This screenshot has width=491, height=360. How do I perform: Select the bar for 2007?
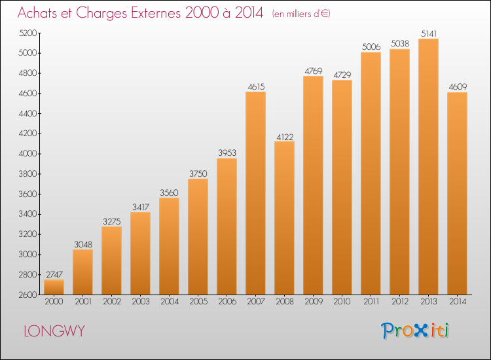coord(255,193)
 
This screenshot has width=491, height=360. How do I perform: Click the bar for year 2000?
coord(54,287)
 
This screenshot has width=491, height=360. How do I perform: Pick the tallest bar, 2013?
coord(428,166)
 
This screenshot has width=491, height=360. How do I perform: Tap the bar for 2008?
coord(284,218)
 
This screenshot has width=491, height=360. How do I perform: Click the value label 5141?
coord(429,33)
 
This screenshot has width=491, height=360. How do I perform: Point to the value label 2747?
coord(54,274)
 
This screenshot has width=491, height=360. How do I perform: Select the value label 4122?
coord(285,137)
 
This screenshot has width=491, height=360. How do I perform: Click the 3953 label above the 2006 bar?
coord(227,153)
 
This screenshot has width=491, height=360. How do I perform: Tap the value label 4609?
coord(458,86)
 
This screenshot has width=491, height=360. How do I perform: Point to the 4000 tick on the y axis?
coord(28,154)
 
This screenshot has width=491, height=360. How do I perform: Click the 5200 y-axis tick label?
coord(28,33)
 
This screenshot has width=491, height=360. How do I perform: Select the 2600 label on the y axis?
coord(28,295)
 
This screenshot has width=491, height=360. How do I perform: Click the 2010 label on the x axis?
coord(342,302)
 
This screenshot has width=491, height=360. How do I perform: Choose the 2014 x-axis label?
coord(458,302)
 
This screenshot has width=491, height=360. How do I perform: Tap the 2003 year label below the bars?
coord(141,302)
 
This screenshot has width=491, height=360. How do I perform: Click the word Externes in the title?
coord(156,13)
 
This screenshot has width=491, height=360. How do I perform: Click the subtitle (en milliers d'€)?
coord(301,14)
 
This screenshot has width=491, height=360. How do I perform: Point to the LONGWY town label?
coord(54,331)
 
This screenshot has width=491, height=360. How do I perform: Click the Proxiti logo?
coord(415,331)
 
